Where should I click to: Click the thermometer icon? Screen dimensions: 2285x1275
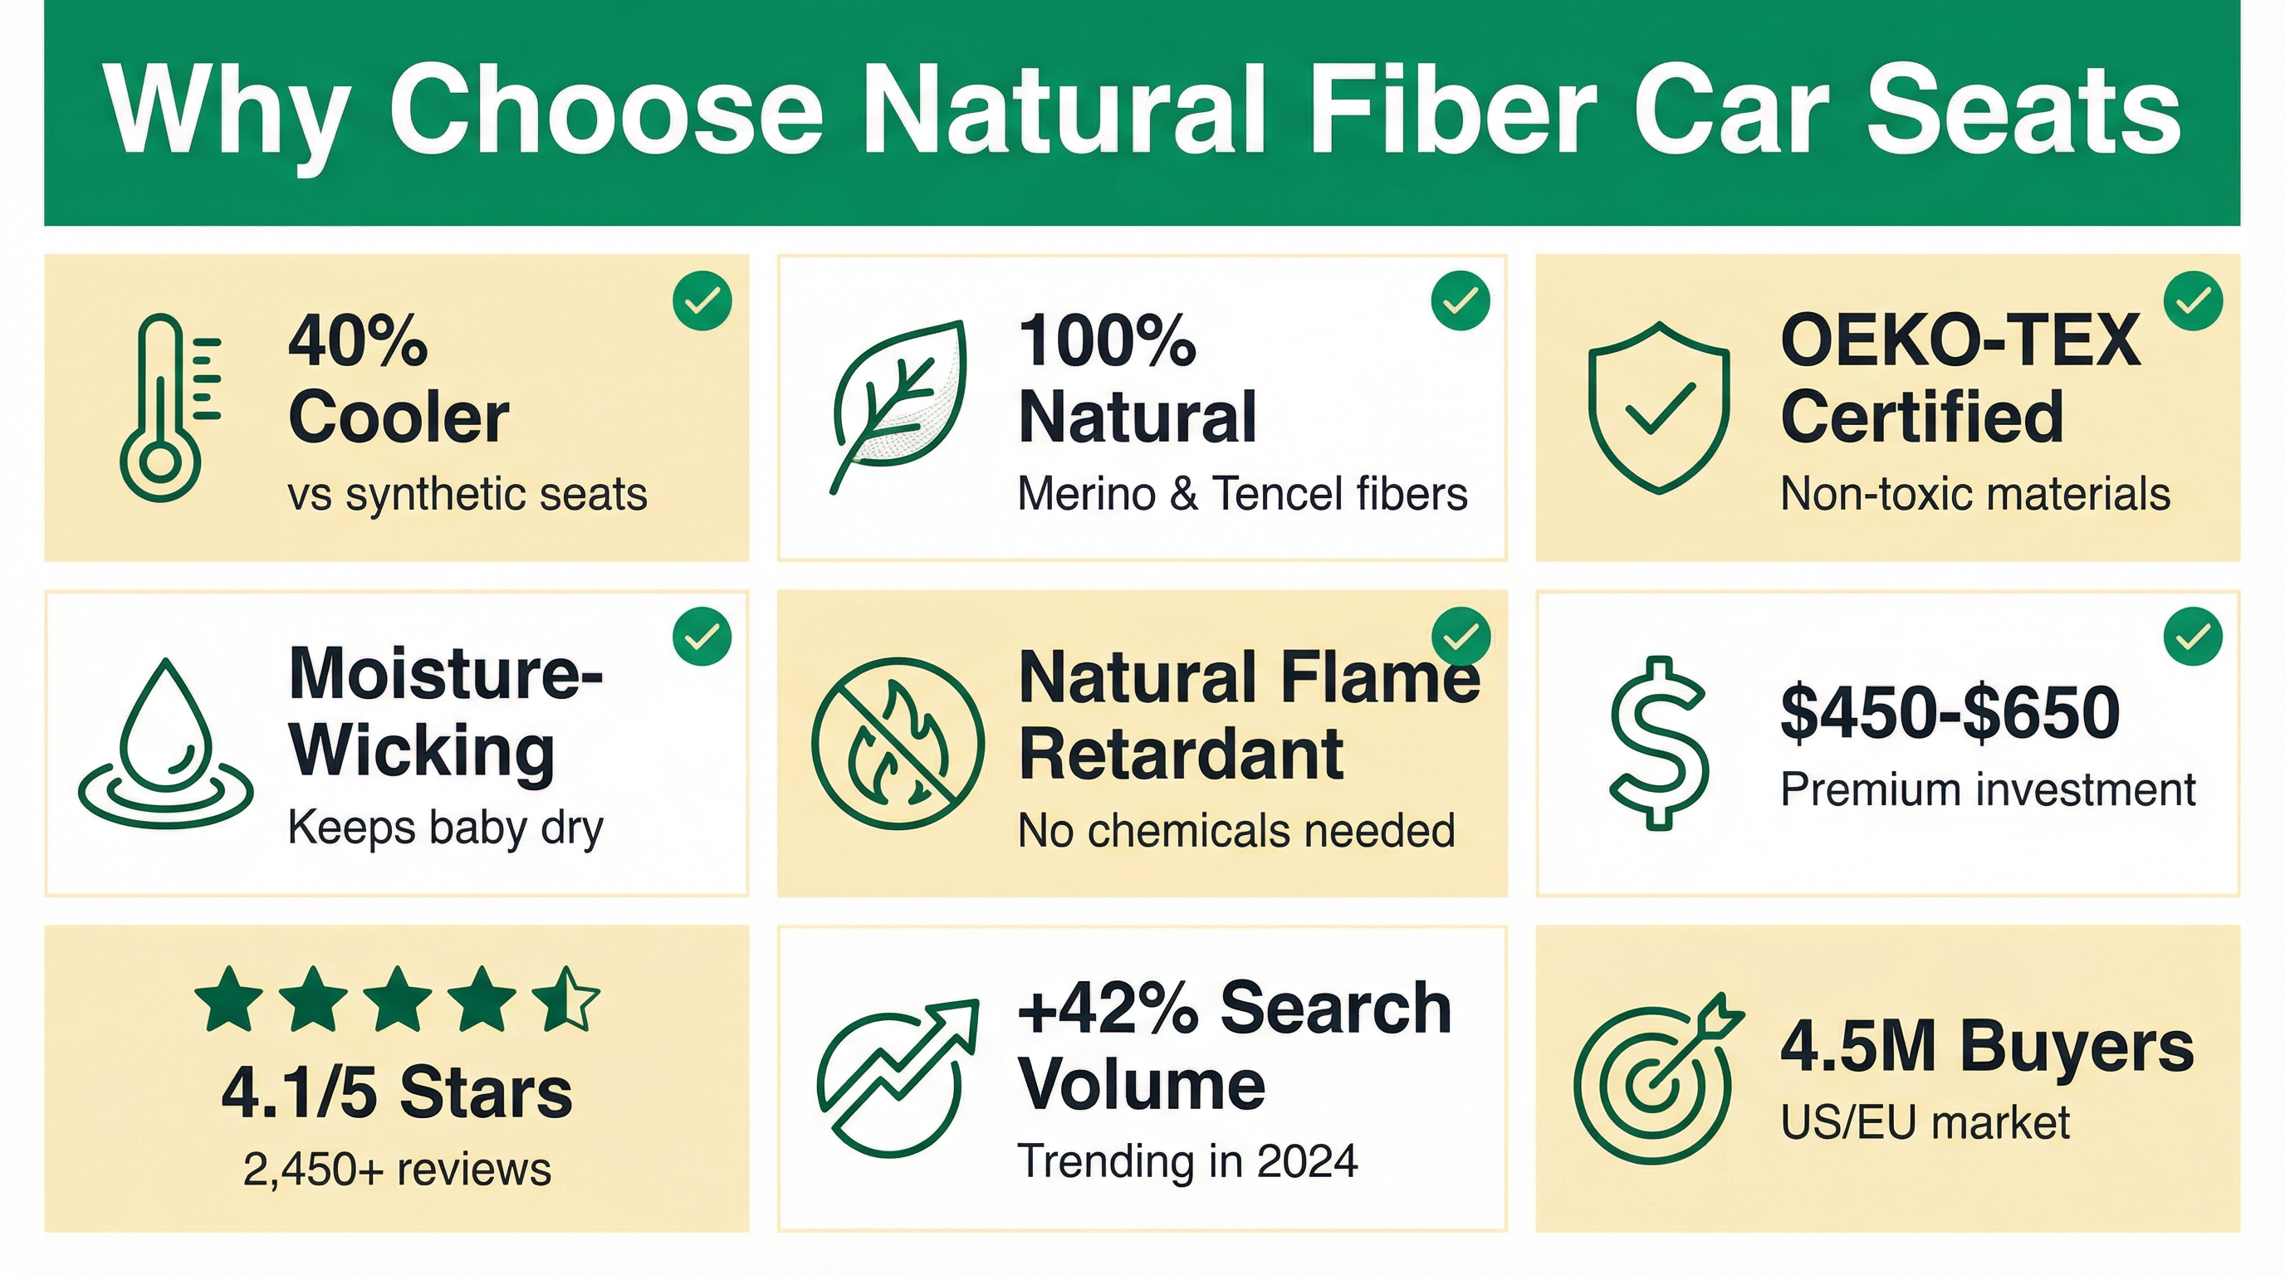click(160, 408)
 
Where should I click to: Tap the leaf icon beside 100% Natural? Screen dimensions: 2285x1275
click(898, 406)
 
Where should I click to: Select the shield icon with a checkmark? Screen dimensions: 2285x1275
click(1658, 407)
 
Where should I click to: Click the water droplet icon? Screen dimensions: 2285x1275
click(166, 743)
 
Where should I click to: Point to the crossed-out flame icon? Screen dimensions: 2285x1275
click(898, 743)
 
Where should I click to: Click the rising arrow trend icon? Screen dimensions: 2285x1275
click(898, 1077)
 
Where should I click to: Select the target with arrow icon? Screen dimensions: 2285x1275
click(1657, 1077)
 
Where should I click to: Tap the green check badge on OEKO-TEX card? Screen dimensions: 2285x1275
click(2193, 301)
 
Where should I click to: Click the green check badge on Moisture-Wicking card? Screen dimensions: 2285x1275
click(702, 636)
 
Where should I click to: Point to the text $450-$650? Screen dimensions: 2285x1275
click(1950, 712)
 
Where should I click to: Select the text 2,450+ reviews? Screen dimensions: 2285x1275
click(397, 1170)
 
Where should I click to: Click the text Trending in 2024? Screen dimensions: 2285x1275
click(1187, 1160)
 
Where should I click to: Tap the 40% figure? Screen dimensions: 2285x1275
click(358, 340)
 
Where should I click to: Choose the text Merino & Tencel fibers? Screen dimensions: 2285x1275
click(1242, 494)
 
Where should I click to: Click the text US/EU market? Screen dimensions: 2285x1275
click(1925, 1122)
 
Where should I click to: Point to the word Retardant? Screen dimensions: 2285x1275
click(1181, 755)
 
